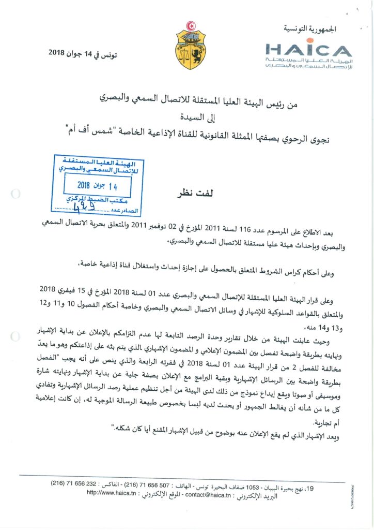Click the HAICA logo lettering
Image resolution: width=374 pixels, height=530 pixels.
[309, 50]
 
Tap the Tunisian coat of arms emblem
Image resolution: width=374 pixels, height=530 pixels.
[191, 43]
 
